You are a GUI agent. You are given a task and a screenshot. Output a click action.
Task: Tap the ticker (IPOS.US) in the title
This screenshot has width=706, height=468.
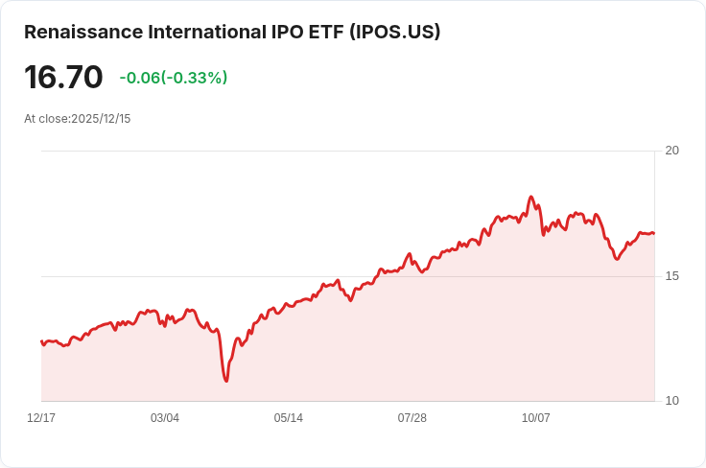click(395, 32)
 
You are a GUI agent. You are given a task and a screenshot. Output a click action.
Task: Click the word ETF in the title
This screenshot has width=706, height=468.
click(324, 32)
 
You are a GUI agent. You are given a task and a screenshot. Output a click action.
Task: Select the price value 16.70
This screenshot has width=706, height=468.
click(63, 78)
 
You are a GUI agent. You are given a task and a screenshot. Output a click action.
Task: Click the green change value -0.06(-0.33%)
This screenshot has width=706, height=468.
click(174, 78)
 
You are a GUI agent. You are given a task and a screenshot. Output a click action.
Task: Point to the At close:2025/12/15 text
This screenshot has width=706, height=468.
click(78, 119)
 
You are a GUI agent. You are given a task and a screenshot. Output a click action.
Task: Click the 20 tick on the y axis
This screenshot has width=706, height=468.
click(671, 151)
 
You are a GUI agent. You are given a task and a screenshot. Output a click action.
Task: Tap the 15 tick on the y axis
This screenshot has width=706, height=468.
click(671, 276)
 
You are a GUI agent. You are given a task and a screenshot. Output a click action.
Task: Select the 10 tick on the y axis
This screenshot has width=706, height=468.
click(671, 401)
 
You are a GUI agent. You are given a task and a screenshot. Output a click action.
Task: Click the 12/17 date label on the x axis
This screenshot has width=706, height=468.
click(41, 418)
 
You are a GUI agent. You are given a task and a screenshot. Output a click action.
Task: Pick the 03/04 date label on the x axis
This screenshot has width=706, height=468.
click(165, 418)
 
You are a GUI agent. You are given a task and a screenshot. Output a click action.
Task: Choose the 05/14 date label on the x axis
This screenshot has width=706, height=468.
click(289, 418)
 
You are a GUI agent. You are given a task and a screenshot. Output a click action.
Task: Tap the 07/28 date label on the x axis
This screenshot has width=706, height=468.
click(412, 418)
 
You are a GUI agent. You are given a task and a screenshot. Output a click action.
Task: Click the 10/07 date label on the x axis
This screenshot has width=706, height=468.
click(536, 418)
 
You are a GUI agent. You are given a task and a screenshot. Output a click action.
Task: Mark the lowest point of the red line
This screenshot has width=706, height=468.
click(226, 381)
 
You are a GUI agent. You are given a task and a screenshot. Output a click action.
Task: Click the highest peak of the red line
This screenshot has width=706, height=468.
click(530, 198)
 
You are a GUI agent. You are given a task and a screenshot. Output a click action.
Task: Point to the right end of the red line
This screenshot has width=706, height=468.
click(653, 233)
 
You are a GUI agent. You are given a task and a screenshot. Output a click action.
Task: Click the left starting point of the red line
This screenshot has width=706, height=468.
click(41, 341)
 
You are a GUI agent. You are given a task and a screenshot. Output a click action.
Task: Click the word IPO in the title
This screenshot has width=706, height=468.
click(282, 32)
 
